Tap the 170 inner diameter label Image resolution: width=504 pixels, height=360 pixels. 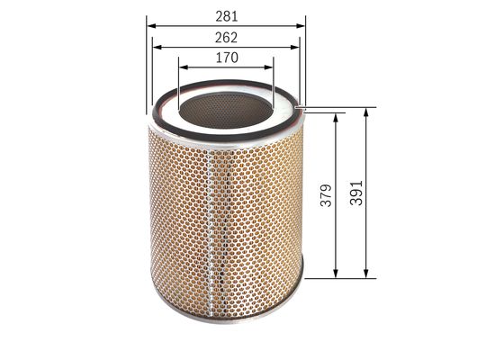(x=226, y=58)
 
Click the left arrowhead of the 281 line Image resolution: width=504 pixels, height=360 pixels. (x=149, y=26)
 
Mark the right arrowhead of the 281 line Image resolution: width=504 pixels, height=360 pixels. (x=302, y=26)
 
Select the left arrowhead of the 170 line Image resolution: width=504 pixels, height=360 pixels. (x=183, y=66)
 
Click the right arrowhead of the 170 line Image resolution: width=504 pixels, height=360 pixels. (x=269, y=66)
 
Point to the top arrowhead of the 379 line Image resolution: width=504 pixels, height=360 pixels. (x=336, y=117)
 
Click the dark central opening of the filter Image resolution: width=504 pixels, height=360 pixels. (x=226, y=106)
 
